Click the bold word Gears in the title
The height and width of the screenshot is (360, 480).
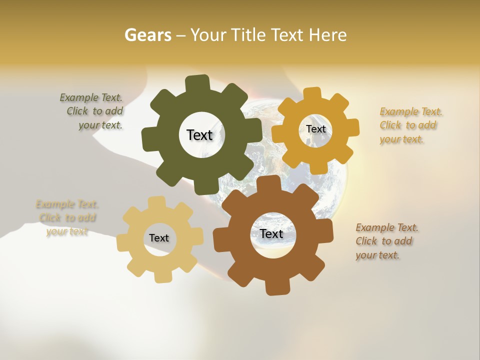coord(147,35)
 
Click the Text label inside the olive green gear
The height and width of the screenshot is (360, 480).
coord(199,135)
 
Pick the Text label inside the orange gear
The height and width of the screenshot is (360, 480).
coord(315,129)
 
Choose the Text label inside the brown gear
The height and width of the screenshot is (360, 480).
coord(271,234)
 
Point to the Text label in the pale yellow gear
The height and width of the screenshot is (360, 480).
coord(159,238)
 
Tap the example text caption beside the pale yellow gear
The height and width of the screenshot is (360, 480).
coord(67,218)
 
